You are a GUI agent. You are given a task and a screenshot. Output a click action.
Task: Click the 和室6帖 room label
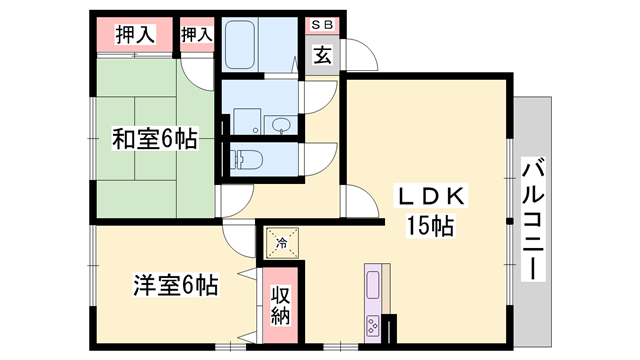tap(153, 140)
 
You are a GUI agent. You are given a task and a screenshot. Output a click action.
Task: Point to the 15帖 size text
tap(430, 226)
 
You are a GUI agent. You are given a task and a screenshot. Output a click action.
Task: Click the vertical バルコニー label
tap(532, 218)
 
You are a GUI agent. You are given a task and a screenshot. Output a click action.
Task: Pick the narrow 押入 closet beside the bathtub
tap(196, 35)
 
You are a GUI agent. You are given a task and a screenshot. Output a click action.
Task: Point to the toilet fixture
tap(243, 158)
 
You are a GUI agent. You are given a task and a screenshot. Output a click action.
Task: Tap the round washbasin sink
tap(282, 125)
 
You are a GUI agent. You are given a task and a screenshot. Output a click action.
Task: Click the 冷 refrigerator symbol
tap(281, 242)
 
